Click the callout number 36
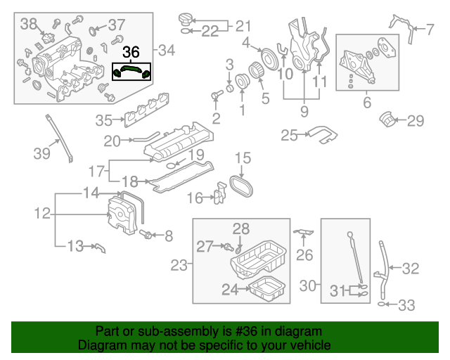point(131,52)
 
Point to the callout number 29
point(416,121)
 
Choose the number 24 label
point(230,288)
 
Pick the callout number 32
point(410,268)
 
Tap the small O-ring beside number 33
point(382,305)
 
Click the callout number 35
point(104,120)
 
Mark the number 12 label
point(42,212)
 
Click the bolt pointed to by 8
point(149,235)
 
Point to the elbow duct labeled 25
point(323,134)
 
